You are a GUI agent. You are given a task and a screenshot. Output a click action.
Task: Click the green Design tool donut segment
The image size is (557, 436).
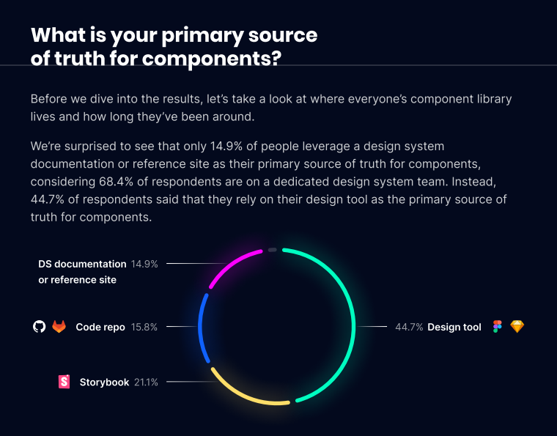pos(355,322)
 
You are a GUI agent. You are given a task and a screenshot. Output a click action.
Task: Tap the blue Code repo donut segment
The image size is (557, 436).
pos(200,326)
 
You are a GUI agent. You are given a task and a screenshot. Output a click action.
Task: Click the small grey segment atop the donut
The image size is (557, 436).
pos(273,250)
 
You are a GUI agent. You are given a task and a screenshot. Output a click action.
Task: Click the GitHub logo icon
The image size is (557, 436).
pos(40,327)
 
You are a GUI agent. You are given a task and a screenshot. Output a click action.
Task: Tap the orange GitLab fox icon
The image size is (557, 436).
pos(59,327)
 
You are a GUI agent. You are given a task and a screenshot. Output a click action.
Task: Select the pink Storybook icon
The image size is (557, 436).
pos(64,382)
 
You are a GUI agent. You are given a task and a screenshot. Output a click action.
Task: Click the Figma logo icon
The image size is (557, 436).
pos(498,327)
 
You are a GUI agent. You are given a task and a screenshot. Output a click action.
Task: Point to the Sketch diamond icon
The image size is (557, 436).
pos(517,327)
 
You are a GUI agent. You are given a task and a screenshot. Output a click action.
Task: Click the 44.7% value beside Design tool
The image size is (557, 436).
pos(409,328)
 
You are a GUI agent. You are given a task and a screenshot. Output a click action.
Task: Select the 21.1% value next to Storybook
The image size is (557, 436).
pos(146,382)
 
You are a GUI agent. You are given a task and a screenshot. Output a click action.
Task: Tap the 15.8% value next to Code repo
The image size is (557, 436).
pos(144,327)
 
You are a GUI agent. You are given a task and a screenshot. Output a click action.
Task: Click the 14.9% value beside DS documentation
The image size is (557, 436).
pos(144,263)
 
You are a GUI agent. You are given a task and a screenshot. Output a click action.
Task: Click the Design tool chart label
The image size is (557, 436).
pos(454,328)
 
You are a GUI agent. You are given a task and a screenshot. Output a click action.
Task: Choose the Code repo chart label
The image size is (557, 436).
pos(100,327)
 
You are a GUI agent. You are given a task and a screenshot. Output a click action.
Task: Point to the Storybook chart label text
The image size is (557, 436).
pos(104,382)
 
